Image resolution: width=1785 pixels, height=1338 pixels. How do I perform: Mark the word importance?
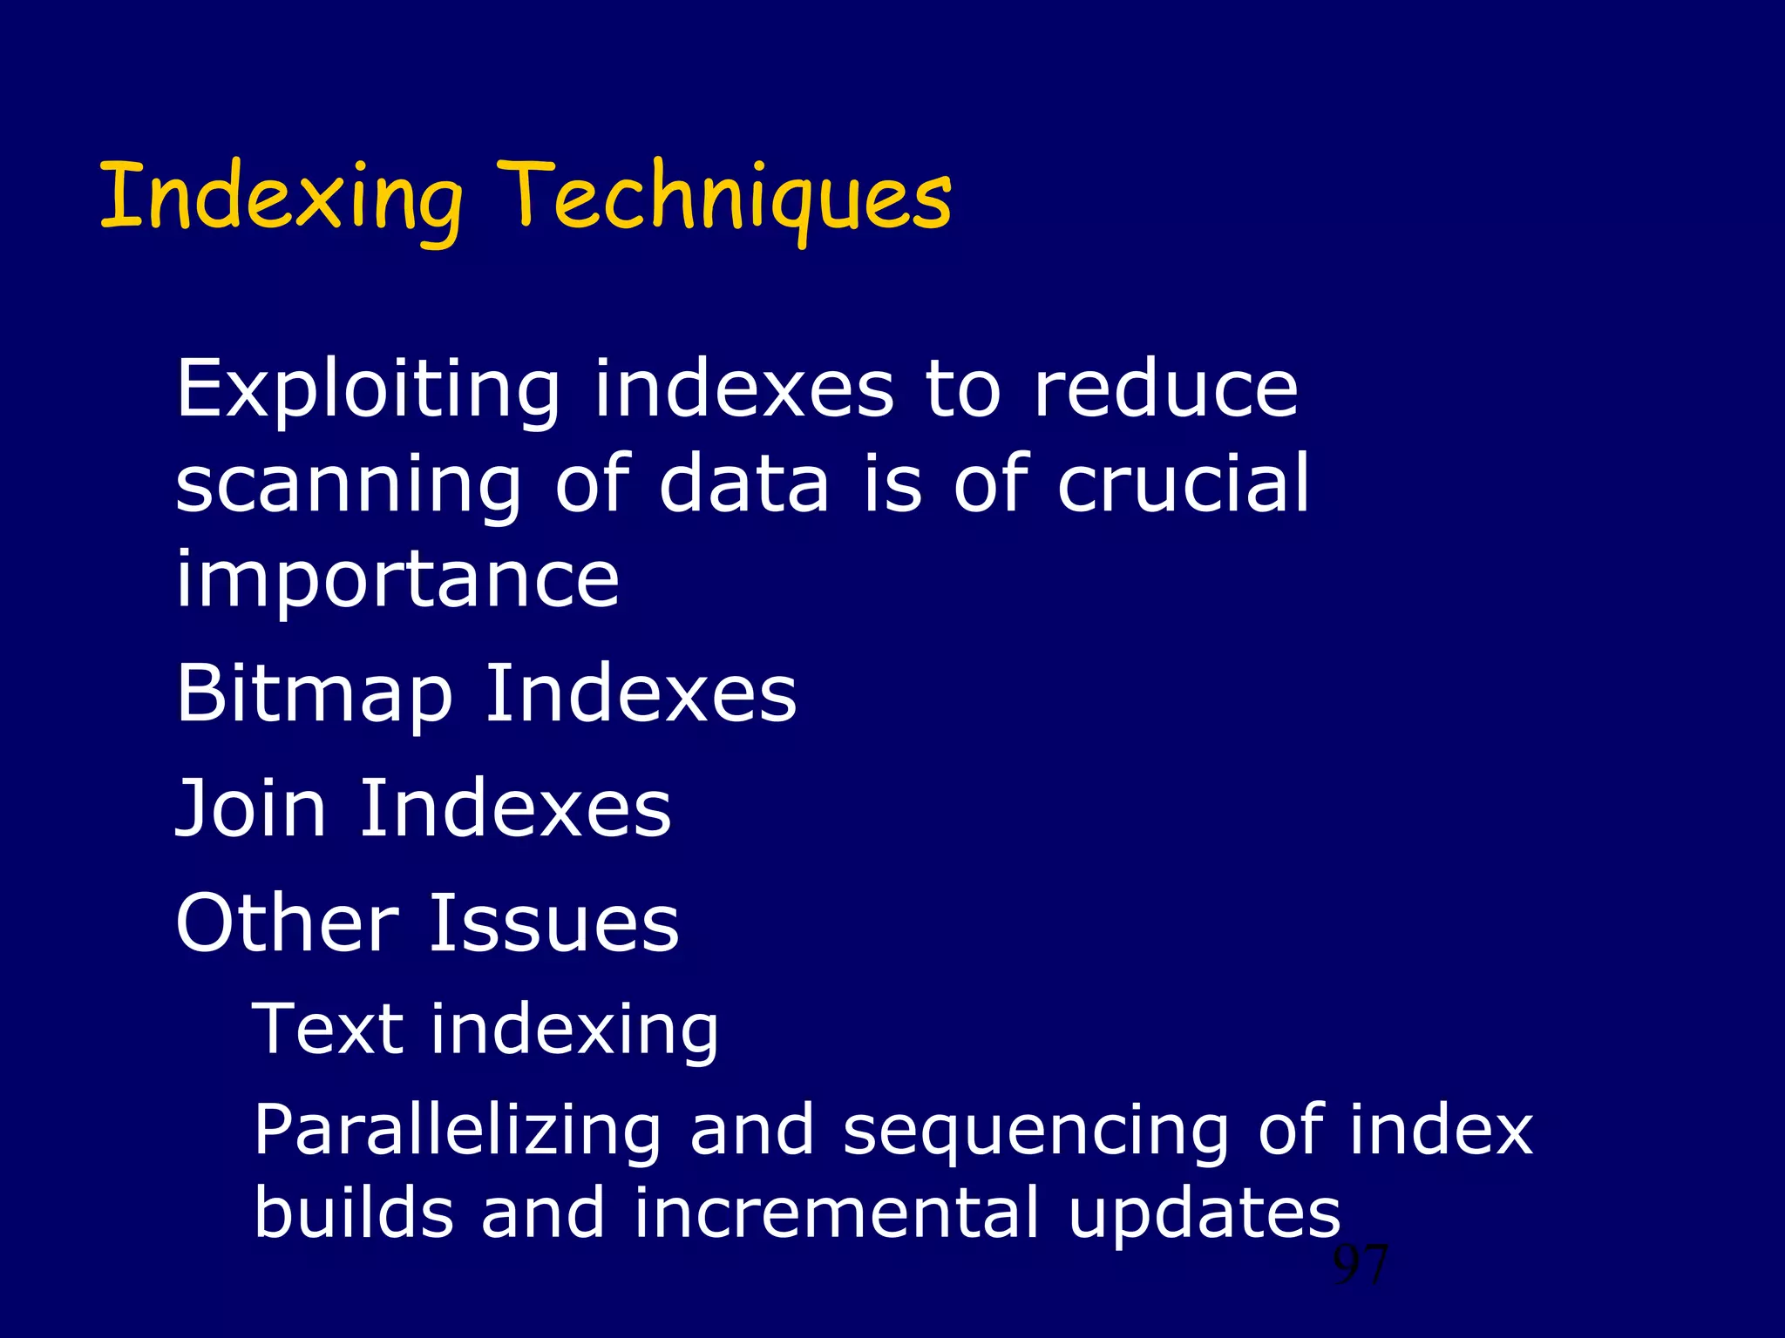[397, 580]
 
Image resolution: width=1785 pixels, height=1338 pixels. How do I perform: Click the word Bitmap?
[315, 695]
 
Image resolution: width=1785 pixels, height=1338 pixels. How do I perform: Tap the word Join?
[251, 809]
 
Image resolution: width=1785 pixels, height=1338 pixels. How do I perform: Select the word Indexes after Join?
[515, 809]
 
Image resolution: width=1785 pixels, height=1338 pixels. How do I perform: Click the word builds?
[354, 1213]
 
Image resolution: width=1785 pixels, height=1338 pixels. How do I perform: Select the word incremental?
[836, 1213]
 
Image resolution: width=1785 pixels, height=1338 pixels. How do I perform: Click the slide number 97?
[1361, 1266]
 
